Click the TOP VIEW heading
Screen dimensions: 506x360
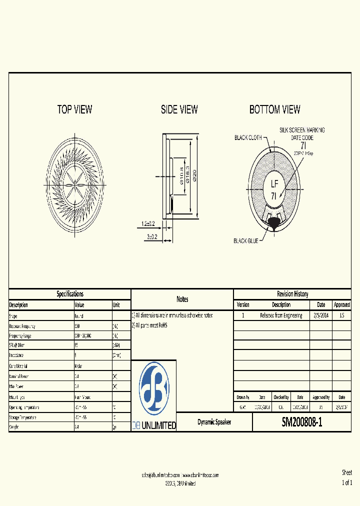click(x=74, y=109)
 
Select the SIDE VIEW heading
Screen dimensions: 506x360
click(x=179, y=109)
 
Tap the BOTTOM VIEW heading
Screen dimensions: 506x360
click(x=274, y=109)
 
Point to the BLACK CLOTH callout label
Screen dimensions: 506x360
click(x=248, y=137)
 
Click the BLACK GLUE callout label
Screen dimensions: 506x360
click(x=246, y=241)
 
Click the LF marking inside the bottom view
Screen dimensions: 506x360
click(x=274, y=183)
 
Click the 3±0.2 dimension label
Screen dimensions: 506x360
click(x=151, y=237)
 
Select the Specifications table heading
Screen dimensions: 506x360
click(x=70, y=294)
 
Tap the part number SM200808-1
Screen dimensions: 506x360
click(x=302, y=422)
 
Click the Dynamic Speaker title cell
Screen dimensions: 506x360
click(x=214, y=422)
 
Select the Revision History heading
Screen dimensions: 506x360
click(x=292, y=294)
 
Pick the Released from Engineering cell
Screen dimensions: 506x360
click(x=281, y=315)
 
